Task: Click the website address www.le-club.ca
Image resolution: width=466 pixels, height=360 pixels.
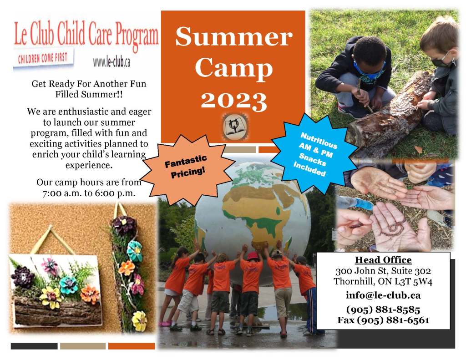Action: coord(111,62)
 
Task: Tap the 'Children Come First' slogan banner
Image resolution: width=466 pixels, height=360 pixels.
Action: coord(43,58)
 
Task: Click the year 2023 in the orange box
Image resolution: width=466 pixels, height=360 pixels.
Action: coord(233,101)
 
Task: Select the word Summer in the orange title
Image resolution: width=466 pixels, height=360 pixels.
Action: coord(233,37)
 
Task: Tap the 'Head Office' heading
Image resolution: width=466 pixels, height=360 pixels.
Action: coord(383,260)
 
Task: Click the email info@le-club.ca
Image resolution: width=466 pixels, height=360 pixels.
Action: coord(383,295)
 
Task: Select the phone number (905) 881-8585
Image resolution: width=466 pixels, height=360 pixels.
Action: coord(383,309)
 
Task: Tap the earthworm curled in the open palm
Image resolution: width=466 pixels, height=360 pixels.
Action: coord(394,227)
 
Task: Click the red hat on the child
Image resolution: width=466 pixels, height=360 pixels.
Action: coord(253,256)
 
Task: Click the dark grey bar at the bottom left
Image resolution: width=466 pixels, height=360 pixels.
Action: coord(34,346)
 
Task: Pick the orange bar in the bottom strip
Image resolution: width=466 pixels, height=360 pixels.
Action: coord(132,346)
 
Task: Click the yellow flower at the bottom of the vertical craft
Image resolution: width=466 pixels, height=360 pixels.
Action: coord(139,321)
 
